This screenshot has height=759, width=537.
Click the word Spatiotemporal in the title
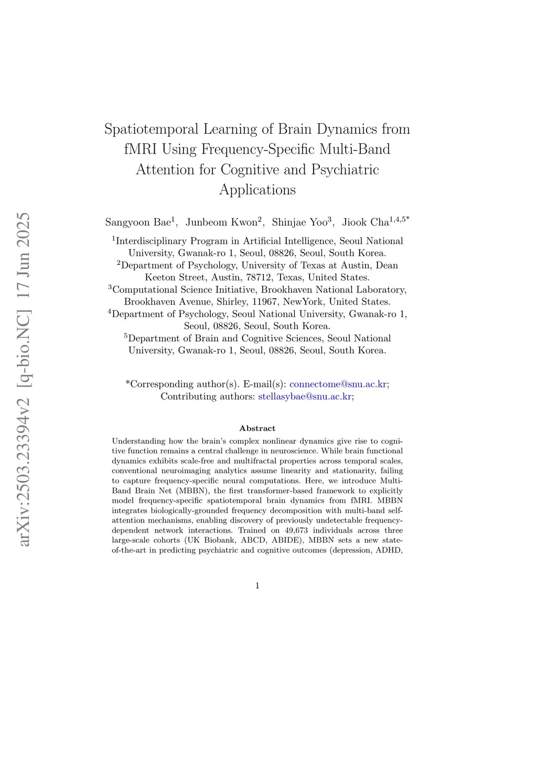151,129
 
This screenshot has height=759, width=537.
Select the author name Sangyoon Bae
138,222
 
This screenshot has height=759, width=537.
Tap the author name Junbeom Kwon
221,222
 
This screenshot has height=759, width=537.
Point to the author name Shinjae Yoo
299,222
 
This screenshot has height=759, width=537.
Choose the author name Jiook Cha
366,222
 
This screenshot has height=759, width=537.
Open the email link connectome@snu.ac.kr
338,384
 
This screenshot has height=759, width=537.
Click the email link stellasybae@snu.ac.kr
305,396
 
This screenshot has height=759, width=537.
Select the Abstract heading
257,428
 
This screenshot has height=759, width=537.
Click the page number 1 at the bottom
257,585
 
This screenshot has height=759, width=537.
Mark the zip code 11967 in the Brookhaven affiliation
265,301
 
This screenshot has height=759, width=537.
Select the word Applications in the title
257,190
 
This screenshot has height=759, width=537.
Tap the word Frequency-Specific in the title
257,149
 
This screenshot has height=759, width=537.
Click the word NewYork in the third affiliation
304,301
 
